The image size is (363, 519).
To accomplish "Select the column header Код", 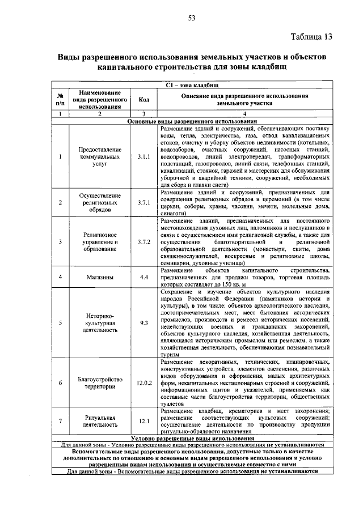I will tap(143, 99).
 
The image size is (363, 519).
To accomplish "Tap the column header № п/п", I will tap(60, 99).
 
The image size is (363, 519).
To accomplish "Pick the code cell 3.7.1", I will tap(143, 202).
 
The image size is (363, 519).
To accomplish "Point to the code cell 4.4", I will tap(143, 277).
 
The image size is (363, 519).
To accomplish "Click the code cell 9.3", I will tap(143, 323).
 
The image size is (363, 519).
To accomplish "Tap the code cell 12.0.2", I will tap(144, 382).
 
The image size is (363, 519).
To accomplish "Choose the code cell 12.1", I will tap(143, 421).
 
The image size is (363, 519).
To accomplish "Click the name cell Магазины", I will tap(99, 277).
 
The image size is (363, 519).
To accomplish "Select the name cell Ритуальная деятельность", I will tap(99, 421).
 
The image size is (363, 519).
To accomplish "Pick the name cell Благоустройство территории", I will tap(99, 382).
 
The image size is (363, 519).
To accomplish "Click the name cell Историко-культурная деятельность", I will tap(99, 323).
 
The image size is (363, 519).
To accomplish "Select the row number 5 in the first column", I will tap(60, 323).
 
